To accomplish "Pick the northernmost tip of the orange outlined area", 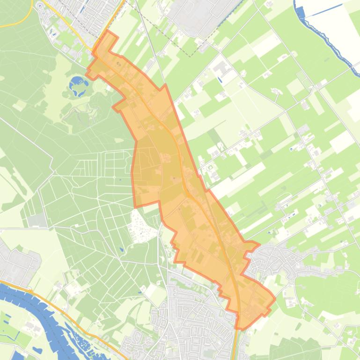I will click(x=109, y=31).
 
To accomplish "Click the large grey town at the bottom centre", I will click(x=192, y=323).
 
